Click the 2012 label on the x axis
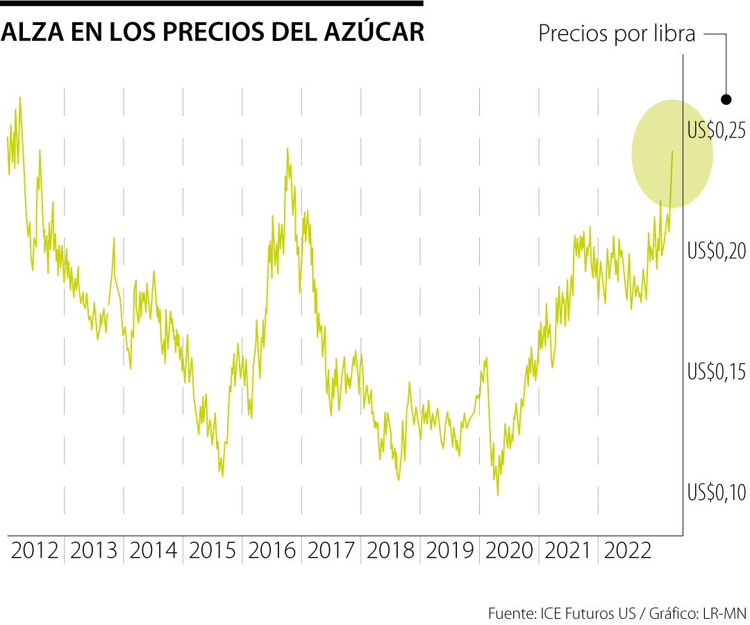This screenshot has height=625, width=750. (x=35, y=551)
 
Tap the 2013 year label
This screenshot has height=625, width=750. (x=94, y=551)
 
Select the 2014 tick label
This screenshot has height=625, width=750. (x=153, y=551)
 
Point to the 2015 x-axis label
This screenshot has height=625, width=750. (x=212, y=551)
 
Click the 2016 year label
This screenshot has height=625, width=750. (x=272, y=551)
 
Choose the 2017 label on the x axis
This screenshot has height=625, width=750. (x=331, y=551)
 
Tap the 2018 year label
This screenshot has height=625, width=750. (x=390, y=551)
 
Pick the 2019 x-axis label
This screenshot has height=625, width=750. (x=450, y=551)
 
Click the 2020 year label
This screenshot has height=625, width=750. (x=509, y=551)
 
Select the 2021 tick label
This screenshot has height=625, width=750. (x=568, y=551)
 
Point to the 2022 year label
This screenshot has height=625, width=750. (x=628, y=551)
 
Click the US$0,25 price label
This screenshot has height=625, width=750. (x=717, y=130)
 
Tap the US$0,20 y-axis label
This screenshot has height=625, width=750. (x=717, y=251)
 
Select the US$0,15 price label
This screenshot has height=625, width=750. (x=717, y=372)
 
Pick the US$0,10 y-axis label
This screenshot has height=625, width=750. (x=717, y=492)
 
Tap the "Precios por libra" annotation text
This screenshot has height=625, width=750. (x=617, y=34)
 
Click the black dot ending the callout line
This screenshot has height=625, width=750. (x=726, y=99)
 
